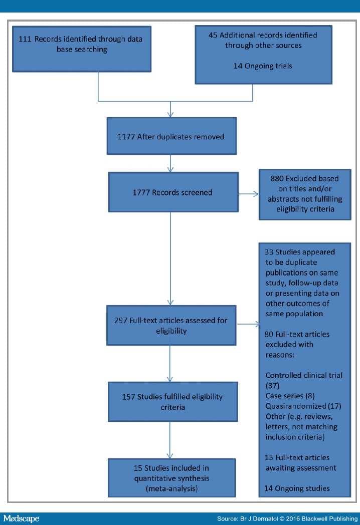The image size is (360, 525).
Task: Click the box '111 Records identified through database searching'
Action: [x=82, y=49]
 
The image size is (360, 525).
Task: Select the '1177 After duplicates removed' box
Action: [x=171, y=136]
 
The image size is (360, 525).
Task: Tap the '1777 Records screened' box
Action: [x=173, y=192]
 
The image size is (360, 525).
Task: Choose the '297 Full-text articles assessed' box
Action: [x=171, y=325]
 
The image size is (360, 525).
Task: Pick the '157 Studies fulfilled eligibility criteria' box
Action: [x=173, y=402]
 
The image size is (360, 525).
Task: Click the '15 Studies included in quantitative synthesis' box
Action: [x=172, y=478]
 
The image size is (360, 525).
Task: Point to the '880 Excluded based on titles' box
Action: [x=305, y=194]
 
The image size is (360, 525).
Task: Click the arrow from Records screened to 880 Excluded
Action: [x=248, y=193]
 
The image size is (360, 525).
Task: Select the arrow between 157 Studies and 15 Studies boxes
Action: [x=170, y=440]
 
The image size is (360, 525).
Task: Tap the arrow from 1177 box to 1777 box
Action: [x=170, y=163]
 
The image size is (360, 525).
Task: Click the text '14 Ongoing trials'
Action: [x=263, y=66]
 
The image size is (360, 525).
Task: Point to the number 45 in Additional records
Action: [x=213, y=35]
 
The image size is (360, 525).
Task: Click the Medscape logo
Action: [x=21, y=518]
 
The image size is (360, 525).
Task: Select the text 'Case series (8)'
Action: [x=290, y=396]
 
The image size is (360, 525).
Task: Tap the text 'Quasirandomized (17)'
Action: [x=303, y=406]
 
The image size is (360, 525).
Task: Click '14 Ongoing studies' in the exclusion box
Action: [x=297, y=488]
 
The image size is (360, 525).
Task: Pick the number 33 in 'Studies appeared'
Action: [x=269, y=252]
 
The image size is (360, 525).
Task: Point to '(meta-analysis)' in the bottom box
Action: [x=171, y=488]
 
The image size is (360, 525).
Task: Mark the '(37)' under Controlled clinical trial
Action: [x=272, y=386]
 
